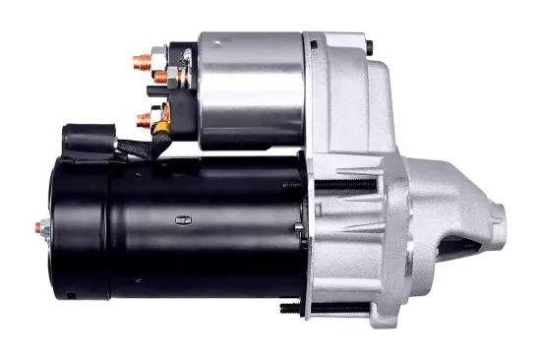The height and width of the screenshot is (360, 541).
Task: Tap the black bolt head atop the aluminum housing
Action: (x=368, y=45)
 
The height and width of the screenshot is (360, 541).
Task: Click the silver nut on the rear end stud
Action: (x=47, y=228)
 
